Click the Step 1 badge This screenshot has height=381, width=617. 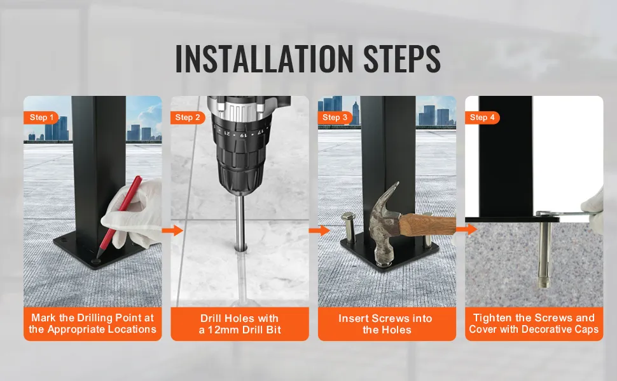[41, 117]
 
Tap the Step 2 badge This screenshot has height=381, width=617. [188, 117]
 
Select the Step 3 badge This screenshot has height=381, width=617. [335, 117]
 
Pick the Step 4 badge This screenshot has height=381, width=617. [482, 117]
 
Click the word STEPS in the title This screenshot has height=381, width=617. [402, 58]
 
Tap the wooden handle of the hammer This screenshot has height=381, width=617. [427, 224]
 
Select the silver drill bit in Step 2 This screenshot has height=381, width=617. [240, 222]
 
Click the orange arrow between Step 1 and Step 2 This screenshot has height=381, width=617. [173, 231]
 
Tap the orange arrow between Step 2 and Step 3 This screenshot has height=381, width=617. [319, 231]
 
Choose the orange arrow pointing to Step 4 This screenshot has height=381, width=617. [467, 229]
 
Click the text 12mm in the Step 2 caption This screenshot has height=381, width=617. [225, 330]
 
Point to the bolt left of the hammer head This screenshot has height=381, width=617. [349, 228]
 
